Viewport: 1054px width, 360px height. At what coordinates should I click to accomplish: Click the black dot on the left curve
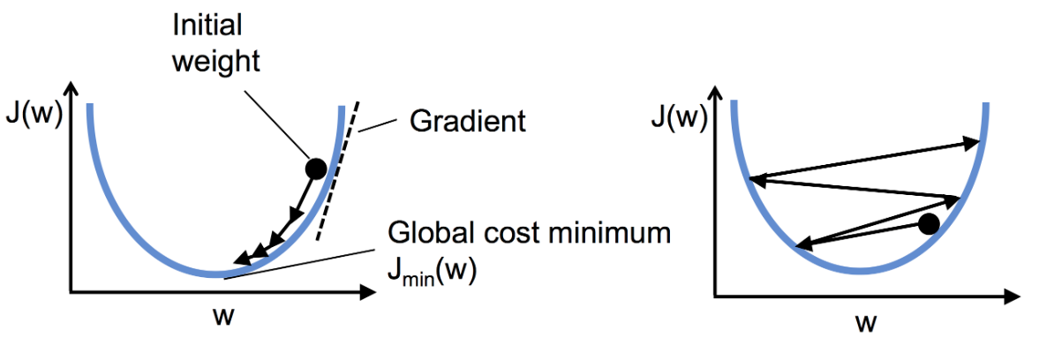315,168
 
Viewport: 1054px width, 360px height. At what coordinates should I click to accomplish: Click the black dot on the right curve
928,224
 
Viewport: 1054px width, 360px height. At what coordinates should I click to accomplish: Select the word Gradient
468,120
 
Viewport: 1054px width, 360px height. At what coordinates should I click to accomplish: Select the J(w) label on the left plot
32,116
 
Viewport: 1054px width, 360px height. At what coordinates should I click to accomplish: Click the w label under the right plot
865,323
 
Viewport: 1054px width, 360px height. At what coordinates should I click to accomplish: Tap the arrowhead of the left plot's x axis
369,290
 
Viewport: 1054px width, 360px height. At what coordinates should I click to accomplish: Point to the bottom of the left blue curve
215,275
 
